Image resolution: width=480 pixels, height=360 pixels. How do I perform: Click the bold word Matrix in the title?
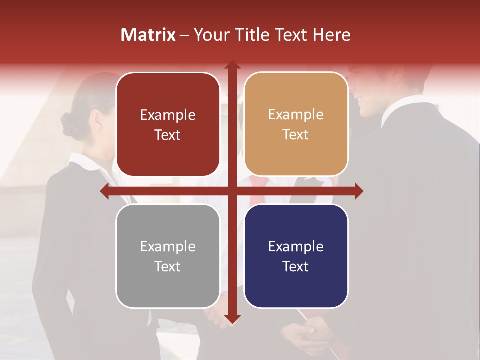coord(148,35)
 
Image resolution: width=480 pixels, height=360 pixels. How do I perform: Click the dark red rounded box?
coord(168,124)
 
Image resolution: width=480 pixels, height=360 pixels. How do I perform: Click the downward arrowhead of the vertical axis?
coord(232,318)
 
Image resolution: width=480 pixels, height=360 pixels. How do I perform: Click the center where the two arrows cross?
coord(232,191)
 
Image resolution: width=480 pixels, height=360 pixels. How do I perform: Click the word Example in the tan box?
coord(296,115)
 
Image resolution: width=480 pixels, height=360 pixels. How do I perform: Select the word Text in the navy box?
coord(296,266)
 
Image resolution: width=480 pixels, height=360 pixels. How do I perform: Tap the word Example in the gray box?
coord(168,246)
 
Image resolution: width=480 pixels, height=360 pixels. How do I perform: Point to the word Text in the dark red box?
coord(168,135)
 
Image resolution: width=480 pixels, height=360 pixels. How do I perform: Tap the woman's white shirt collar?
coord(85,162)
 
